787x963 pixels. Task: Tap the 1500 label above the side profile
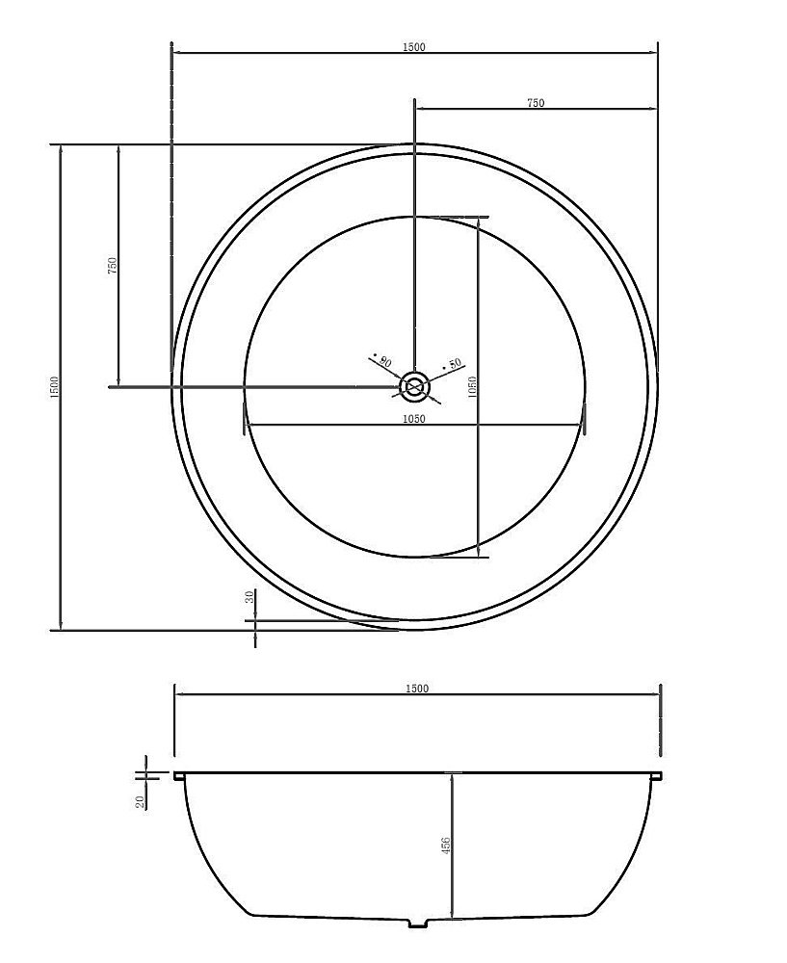click(416, 689)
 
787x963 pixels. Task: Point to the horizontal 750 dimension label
click(536, 103)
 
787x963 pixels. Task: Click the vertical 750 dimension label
click(112, 265)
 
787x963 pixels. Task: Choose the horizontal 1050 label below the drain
click(415, 419)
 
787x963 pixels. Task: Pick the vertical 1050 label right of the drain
click(471, 387)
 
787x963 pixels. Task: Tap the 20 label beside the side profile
click(141, 801)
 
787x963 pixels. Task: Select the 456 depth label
click(445, 847)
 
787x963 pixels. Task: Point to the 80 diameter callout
click(384, 362)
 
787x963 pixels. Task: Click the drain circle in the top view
click(415, 387)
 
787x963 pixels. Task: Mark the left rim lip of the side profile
click(178, 774)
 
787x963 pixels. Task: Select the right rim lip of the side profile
click(657, 774)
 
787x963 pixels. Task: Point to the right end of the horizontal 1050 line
click(584, 426)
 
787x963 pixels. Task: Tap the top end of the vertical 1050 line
click(479, 218)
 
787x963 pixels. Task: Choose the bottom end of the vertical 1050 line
click(479, 557)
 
